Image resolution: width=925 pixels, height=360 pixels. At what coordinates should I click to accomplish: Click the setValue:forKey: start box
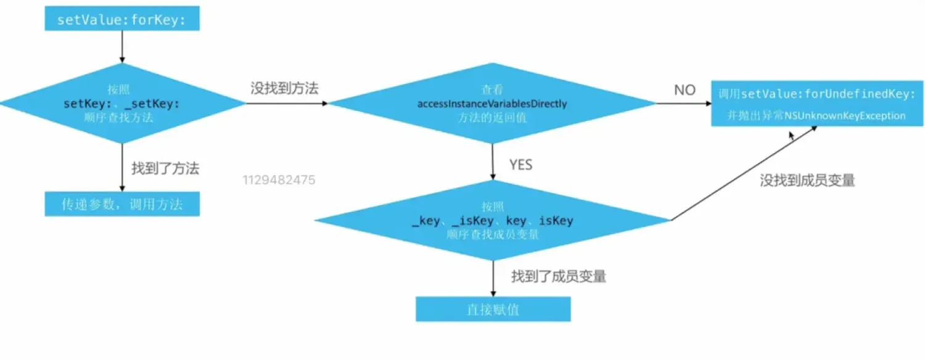pyautogui.click(x=122, y=19)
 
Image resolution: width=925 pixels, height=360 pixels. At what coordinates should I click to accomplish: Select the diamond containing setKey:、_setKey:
pyautogui.click(x=122, y=104)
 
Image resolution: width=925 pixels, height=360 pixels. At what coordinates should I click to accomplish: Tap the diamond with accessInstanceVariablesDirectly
pyautogui.click(x=491, y=104)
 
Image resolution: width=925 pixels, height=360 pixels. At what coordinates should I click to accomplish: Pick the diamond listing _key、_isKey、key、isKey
pyautogui.click(x=491, y=220)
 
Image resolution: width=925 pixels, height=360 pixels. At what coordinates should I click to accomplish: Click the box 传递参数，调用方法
pyautogui.click(x=122, y=204)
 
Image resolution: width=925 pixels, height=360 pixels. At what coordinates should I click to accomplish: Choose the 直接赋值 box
pyautogui.click(x=493, y=309)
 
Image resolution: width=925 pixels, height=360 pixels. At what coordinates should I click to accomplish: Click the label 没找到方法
pyautogui.click(x=284, y=88)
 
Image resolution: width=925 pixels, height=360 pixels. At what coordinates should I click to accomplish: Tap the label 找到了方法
pyautogui.click(x=165, y=168)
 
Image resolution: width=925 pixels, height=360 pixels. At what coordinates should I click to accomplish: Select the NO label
pyautogui.click(x=684, y=91)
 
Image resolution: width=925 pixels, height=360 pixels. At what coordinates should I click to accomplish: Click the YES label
pyautogui.click(x=520, y=165)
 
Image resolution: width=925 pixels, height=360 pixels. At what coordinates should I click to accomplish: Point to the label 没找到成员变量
pyautogui.click(x=807, y=180)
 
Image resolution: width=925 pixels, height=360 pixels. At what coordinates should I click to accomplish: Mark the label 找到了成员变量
pyautogui.click(x=559, y=276)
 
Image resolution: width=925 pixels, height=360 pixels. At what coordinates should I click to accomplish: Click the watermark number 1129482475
pyautogui.click(x=279, y=181)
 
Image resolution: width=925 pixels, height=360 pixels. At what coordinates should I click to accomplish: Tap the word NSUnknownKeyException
pyautogui.click(x=845, y=116)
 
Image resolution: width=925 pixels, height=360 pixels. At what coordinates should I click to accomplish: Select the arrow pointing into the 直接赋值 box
pyautogui.click(x=493, y=278)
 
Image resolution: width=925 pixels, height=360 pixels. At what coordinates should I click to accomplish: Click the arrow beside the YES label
pyautogui.click(x=493, y=162)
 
